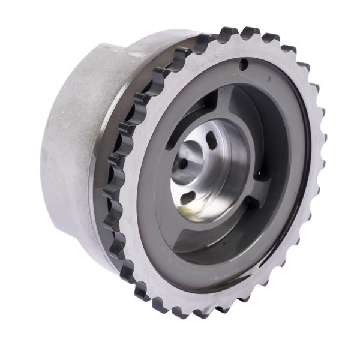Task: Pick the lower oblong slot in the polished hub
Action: point(188,197)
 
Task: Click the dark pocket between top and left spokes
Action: point(174,129)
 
